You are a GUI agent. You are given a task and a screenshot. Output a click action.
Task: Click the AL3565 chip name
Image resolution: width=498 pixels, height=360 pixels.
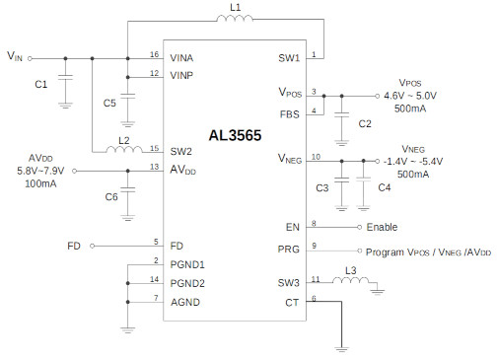(x=235, y=136)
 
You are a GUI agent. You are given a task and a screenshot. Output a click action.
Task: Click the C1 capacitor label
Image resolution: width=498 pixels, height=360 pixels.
(x=40, y=85)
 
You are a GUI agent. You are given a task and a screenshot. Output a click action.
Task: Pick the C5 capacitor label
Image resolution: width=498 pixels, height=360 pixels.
(x=109, y=101)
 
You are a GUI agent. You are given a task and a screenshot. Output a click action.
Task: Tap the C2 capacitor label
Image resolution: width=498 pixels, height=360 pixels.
(x=364, y=123)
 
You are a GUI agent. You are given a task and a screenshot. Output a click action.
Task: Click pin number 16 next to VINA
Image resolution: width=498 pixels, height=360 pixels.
(x=154, y=54)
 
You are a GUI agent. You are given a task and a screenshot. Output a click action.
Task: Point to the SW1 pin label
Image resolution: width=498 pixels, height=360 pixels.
(x=290, y=57)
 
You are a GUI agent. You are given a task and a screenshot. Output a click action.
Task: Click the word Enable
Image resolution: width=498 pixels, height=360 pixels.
(x=382, y=227)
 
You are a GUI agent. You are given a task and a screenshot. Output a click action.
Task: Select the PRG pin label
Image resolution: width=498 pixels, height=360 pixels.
(x=289, y=250)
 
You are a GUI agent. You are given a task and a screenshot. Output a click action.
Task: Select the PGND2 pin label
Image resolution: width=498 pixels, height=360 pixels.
(x=187, y=282)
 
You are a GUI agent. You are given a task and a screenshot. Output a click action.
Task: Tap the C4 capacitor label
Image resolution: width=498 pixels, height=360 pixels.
(x=384, y=187)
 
